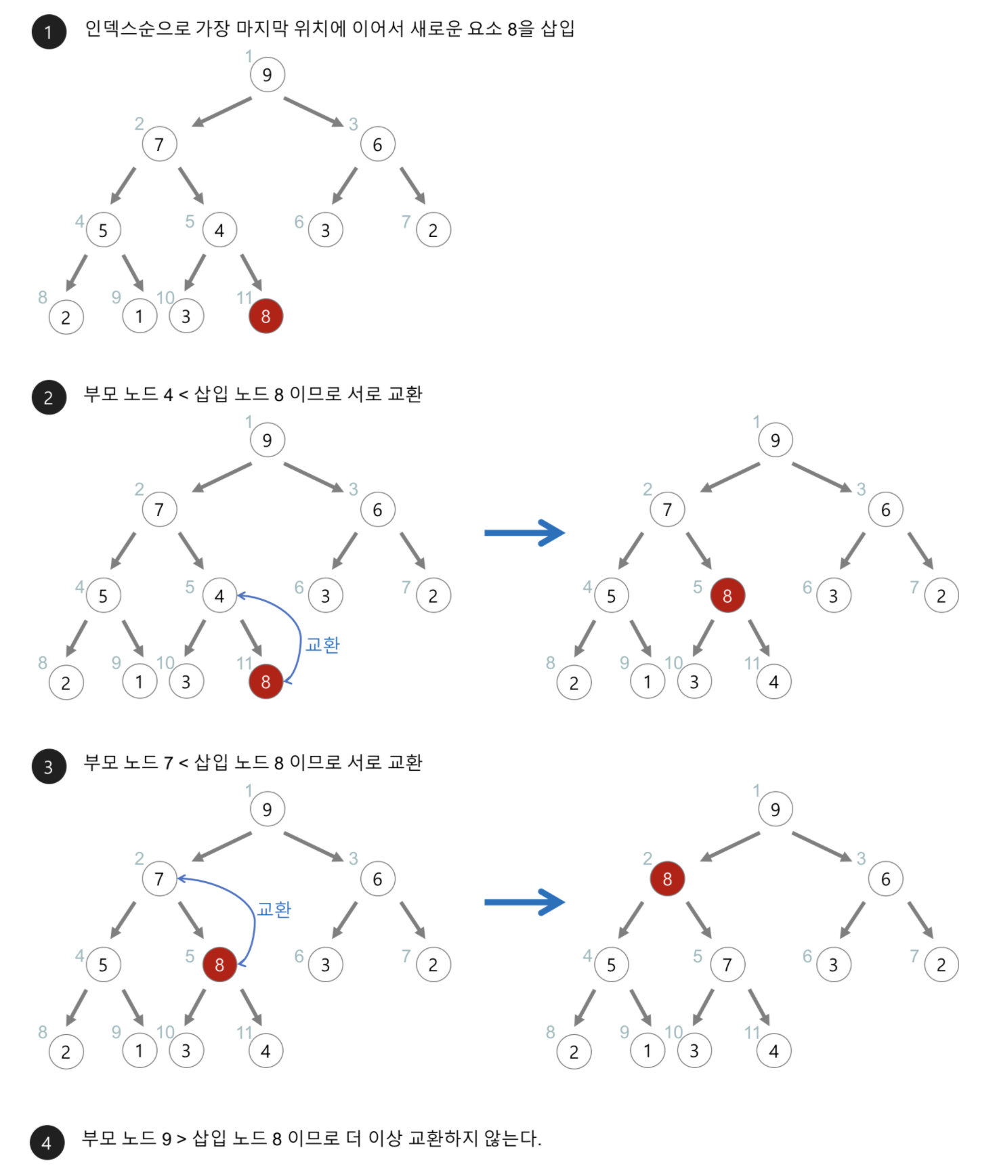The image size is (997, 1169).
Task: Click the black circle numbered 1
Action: [x=49, y=32]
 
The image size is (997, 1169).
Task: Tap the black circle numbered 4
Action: [x=47, y=1143]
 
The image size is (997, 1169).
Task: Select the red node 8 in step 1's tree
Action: [x=266, y=316]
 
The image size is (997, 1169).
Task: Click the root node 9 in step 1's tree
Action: [x=267, y=75]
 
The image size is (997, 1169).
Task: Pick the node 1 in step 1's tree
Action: [x=140, y=316]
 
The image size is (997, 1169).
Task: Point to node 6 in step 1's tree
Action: [x=377, y=144]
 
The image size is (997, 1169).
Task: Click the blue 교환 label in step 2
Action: [x=322, y=644]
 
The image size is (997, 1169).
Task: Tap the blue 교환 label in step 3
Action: [x=274, y=909]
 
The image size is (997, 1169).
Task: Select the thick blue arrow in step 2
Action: [x=524, y=533]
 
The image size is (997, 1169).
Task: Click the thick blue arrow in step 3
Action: [x=524, y=902]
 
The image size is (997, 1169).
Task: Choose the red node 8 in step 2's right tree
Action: [x=727, y=595]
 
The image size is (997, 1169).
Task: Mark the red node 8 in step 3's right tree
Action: [x=667, y=878]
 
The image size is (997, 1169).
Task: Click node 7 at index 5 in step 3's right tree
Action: [x=727, y=964]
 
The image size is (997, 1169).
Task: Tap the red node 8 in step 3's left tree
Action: [x=219, y=964]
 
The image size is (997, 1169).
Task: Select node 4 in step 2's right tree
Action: [x=773, y=682]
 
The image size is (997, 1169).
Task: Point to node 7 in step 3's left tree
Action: [x=159, y=878]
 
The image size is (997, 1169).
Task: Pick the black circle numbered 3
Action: [x=49, y=766]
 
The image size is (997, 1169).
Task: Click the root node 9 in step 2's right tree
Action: [x=775, y=440]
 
